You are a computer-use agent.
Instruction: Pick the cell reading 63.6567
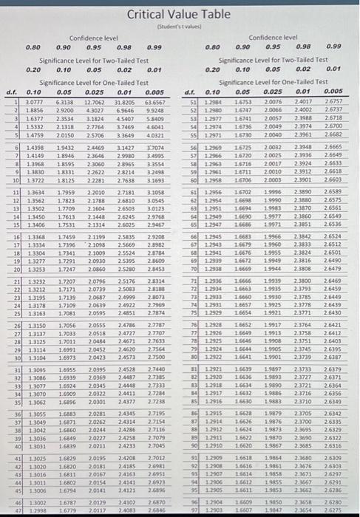pos(154,102)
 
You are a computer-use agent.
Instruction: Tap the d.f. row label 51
pos(191,102)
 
